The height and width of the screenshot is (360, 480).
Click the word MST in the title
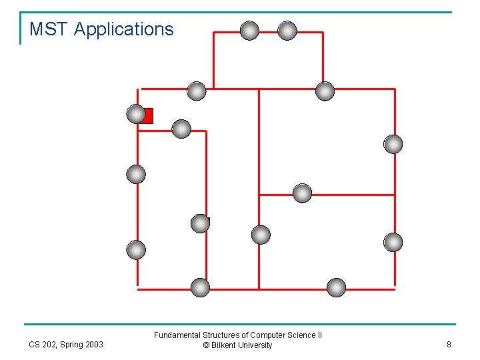click(x=49, y=29)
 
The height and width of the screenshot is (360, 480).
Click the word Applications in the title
click(x=123, y=29)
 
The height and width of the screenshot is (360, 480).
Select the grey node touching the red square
click(x=136, y=115)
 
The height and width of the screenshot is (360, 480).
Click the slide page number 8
click(x=449, y=345)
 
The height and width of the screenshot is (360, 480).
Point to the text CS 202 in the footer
click(x=43, y=345)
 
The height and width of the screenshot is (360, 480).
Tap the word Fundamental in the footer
click(x=176, y=335)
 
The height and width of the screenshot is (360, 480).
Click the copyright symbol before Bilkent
click(x=206, y=345)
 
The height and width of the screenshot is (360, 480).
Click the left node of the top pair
click(x=249, y=31)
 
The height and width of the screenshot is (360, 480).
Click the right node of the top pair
click(x=287, y=31)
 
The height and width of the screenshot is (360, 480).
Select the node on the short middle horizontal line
click(x=303, y=193)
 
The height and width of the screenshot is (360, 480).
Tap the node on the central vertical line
click(x=261, y=235)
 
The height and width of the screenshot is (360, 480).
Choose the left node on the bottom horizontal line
click(x=200, y=288)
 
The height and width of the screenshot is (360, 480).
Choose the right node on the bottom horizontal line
click(x=337, y=288)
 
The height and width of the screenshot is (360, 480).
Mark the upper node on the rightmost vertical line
click(x=393, y=144)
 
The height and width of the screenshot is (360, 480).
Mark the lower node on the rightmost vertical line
click(x=393, y=243)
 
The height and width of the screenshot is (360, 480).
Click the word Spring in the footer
click(x=71, y=345)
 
